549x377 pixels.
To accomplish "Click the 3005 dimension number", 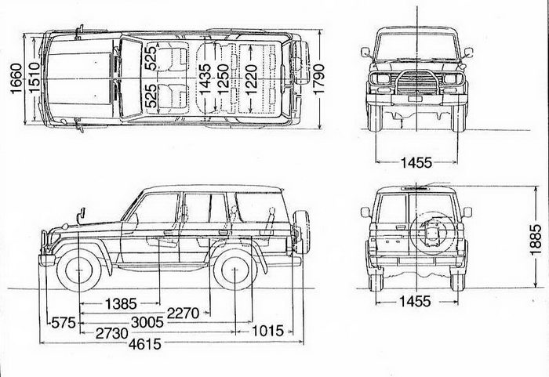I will pyautogui.click(x=153, y=321).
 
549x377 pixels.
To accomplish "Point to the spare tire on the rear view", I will pyautogui.click(x=431, y=231).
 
